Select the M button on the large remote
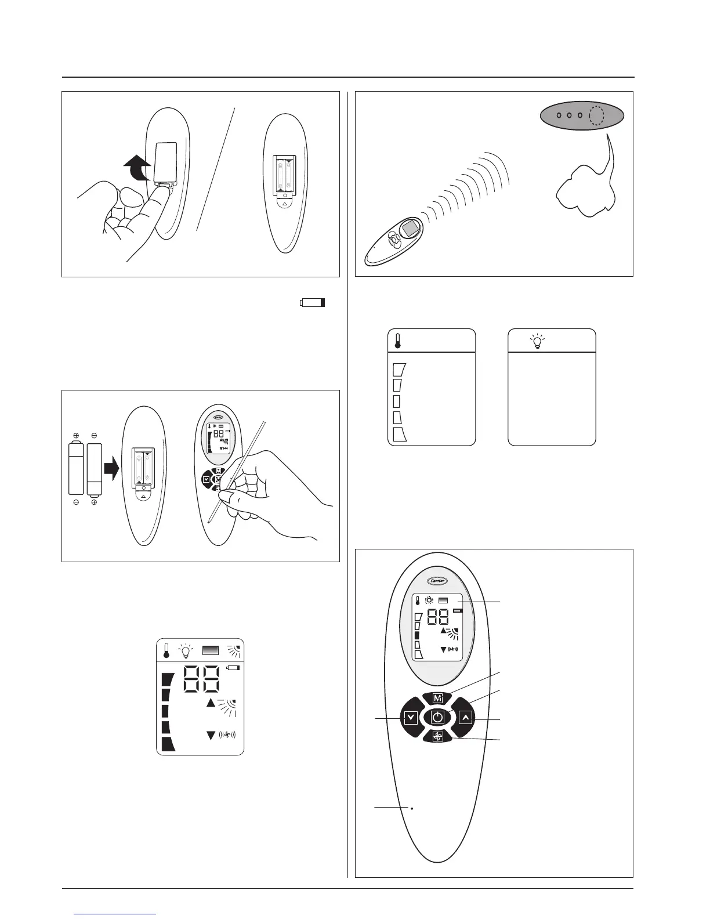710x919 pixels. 437,698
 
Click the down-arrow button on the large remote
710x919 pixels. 411,718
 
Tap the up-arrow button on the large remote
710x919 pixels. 465,718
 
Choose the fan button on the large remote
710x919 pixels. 437,737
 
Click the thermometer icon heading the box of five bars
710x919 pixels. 398,341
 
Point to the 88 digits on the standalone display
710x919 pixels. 201,679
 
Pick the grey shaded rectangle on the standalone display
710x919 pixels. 210,652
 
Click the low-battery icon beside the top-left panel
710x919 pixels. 313,302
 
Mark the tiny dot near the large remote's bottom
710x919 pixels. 411,808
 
